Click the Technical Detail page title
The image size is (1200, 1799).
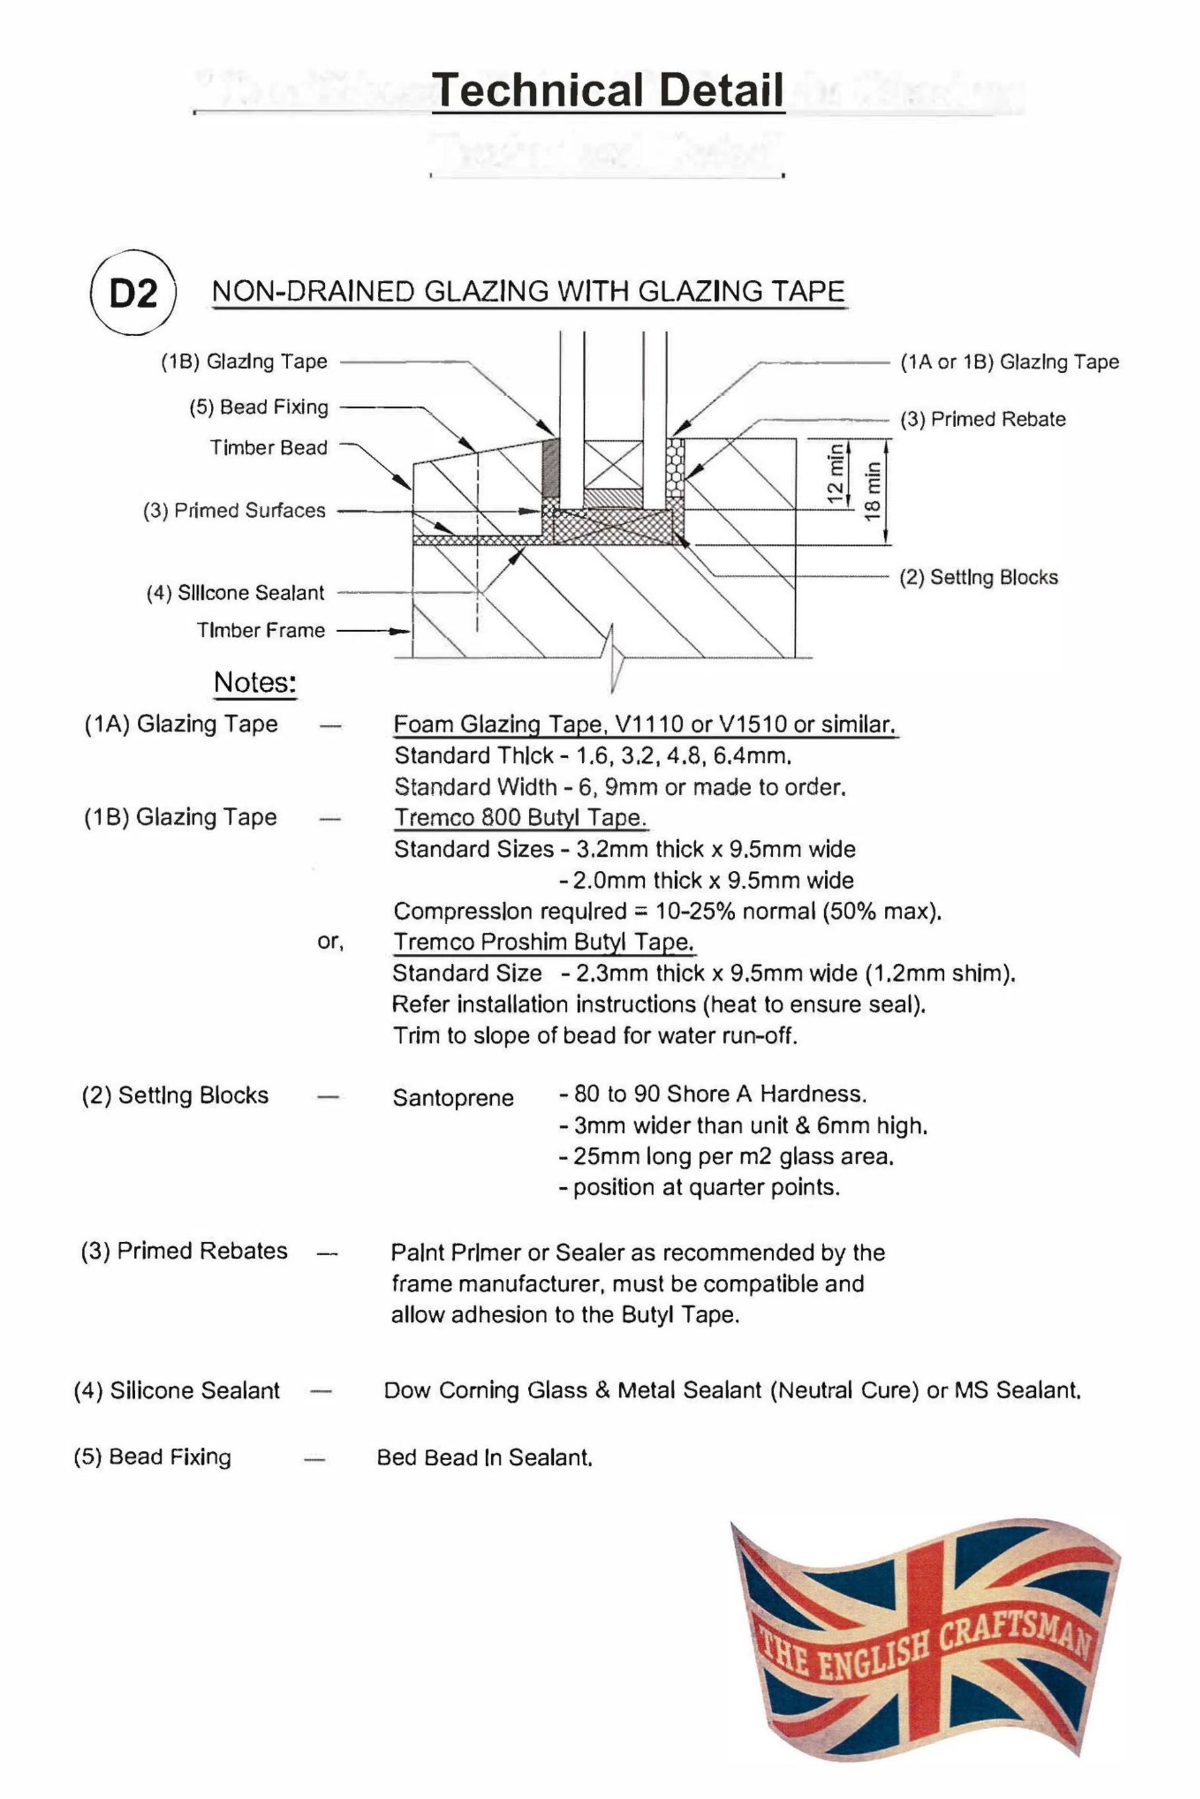[x=608, y=90]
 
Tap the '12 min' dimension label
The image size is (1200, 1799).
[x=837, y=475]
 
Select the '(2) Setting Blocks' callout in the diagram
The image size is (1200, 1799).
[x=978, y=577]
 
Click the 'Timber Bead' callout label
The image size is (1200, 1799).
[x=268, y=448]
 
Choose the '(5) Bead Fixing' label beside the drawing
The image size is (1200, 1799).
[x=258, y=407]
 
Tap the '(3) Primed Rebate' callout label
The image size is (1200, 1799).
[x=982, y=419]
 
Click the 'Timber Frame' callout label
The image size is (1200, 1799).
[x=261, y=630]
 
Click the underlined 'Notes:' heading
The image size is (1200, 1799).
[x=255, y=682]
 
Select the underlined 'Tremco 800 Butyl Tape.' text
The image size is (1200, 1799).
[x=520, y=817]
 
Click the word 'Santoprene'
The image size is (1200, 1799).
[x=453, y=1098]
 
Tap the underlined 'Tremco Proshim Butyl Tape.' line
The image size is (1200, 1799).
[x=543, y=942]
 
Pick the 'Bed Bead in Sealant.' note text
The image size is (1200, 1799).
[x=485, y=1457]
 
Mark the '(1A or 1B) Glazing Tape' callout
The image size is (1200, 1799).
[x=1009, y=362]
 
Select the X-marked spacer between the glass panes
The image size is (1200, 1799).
[x=615, y=463]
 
